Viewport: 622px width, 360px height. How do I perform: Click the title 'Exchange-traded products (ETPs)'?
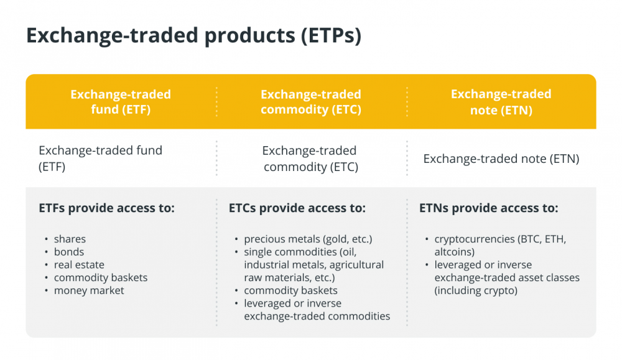[193, 35]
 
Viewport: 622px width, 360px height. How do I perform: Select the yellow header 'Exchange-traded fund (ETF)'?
[121, 101]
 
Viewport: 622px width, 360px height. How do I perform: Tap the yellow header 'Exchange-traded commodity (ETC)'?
[311, 101]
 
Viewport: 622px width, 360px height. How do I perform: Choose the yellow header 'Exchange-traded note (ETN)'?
[501, 101]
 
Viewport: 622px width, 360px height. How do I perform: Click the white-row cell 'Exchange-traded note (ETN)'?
[501, 159]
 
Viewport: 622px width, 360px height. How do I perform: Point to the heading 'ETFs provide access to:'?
[107, 208]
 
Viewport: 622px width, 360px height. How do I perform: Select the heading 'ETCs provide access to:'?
[297, 208]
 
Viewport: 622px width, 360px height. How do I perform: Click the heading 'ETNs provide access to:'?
[489, 208]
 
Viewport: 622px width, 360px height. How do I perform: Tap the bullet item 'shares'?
[70, 239]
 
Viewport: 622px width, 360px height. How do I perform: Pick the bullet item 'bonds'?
[69, 252]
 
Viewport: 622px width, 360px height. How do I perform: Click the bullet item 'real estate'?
[80, 265]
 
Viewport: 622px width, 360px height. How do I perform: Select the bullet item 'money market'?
[89, 290]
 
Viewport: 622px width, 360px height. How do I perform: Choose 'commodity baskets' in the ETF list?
[101, 277]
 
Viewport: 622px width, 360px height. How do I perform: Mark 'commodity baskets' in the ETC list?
[290, 290]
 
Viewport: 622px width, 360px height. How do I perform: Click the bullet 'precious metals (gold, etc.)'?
[309, 239]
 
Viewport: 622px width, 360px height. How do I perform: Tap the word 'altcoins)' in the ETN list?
[455, 252]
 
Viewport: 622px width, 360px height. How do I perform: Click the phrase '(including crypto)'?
[476, 290]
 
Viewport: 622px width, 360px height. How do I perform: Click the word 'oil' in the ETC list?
[350, 252]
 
